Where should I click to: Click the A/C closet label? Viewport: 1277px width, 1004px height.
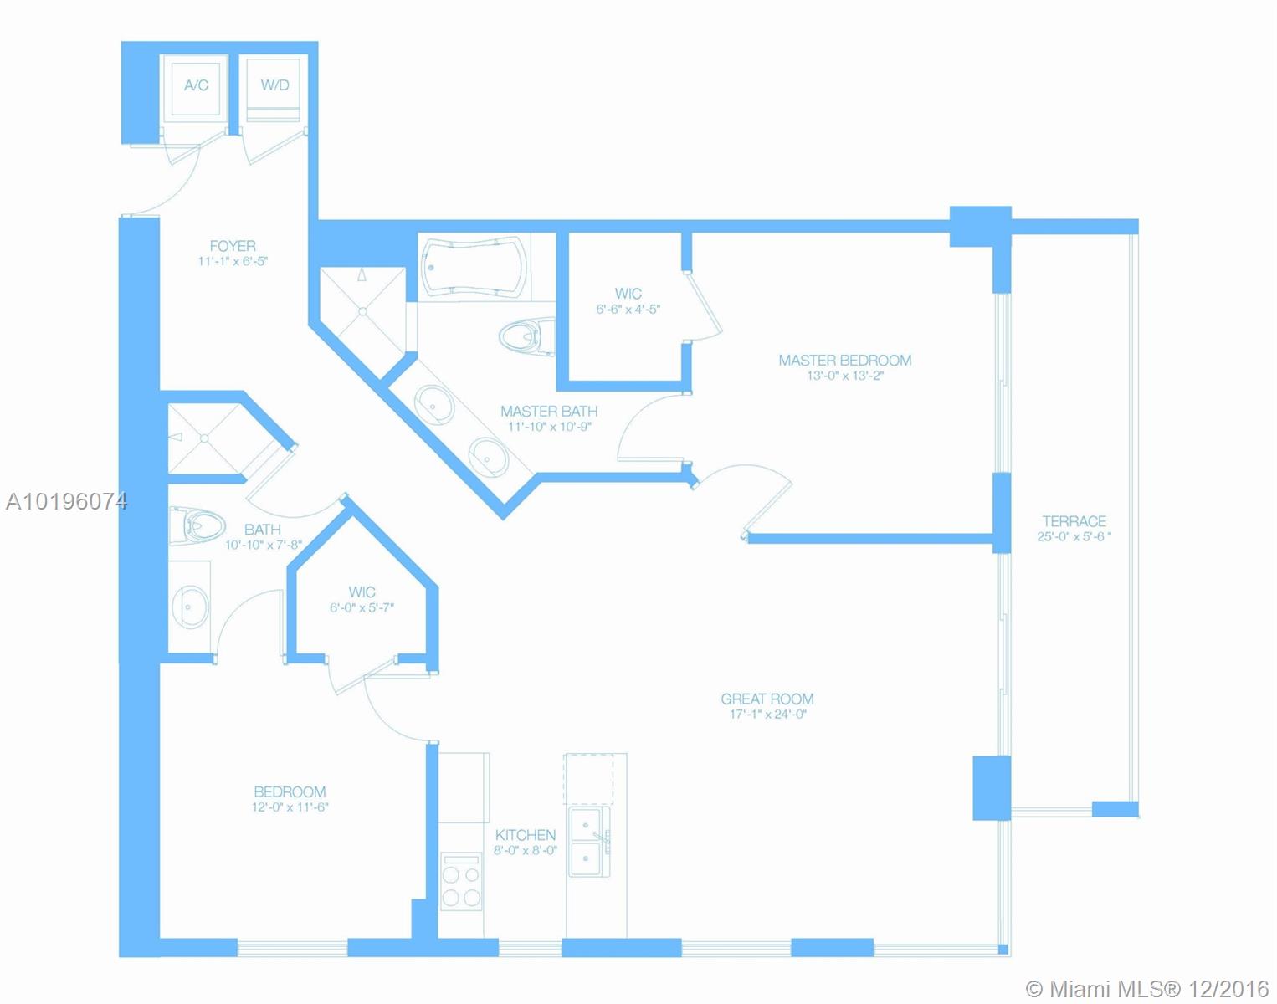[x=196, y=85]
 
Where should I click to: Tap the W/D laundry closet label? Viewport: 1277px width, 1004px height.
[x=274, y=85]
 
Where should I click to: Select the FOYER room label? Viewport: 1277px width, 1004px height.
[x=233, y=246]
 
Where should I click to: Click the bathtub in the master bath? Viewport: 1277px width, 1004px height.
[x=474, y=266]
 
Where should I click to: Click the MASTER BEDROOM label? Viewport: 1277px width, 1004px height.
[x=845, y=360]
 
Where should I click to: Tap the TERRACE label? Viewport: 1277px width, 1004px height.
[x=1074, y=521]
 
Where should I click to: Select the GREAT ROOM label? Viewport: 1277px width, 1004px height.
[x=767, y=699]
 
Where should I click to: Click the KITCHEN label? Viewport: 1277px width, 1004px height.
[x=526, y=836]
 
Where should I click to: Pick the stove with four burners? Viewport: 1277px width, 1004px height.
[x=461, y=881]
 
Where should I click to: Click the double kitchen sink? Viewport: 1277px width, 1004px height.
[x=589, y=842]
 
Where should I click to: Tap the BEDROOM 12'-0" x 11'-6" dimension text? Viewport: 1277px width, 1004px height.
[x=290, y=807]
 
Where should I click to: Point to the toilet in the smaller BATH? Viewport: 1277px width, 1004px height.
[x=197, y=525]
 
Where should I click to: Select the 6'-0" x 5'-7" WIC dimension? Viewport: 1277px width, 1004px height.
[x=362, y=607]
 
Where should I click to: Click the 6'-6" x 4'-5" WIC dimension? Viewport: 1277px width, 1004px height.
[x=628, y=310]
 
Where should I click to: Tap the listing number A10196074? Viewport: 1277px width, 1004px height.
[x=66, y=502]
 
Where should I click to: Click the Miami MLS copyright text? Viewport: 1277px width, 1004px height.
[x=1147, y=989]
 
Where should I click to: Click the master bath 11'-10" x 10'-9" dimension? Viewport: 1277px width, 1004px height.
[x=550, y=427]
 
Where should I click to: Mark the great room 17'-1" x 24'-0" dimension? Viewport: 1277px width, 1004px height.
[x=768, y=715]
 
